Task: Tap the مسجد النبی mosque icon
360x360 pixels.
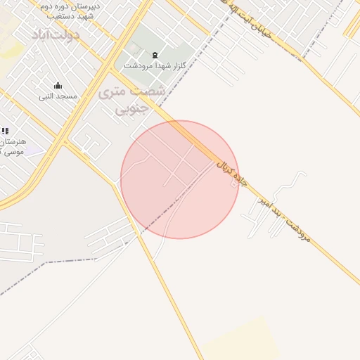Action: point(58,86)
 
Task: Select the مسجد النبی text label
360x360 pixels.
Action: point(56,96)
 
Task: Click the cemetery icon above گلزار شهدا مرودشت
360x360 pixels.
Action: point(155,56)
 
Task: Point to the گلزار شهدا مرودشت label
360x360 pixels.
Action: point(154,65)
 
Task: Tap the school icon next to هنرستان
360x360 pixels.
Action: point(5,131)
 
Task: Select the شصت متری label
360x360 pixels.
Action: point(132,91)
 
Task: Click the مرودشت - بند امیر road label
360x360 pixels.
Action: point(283,217)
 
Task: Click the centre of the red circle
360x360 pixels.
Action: point(180,180)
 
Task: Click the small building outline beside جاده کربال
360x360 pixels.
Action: point(234,184)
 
